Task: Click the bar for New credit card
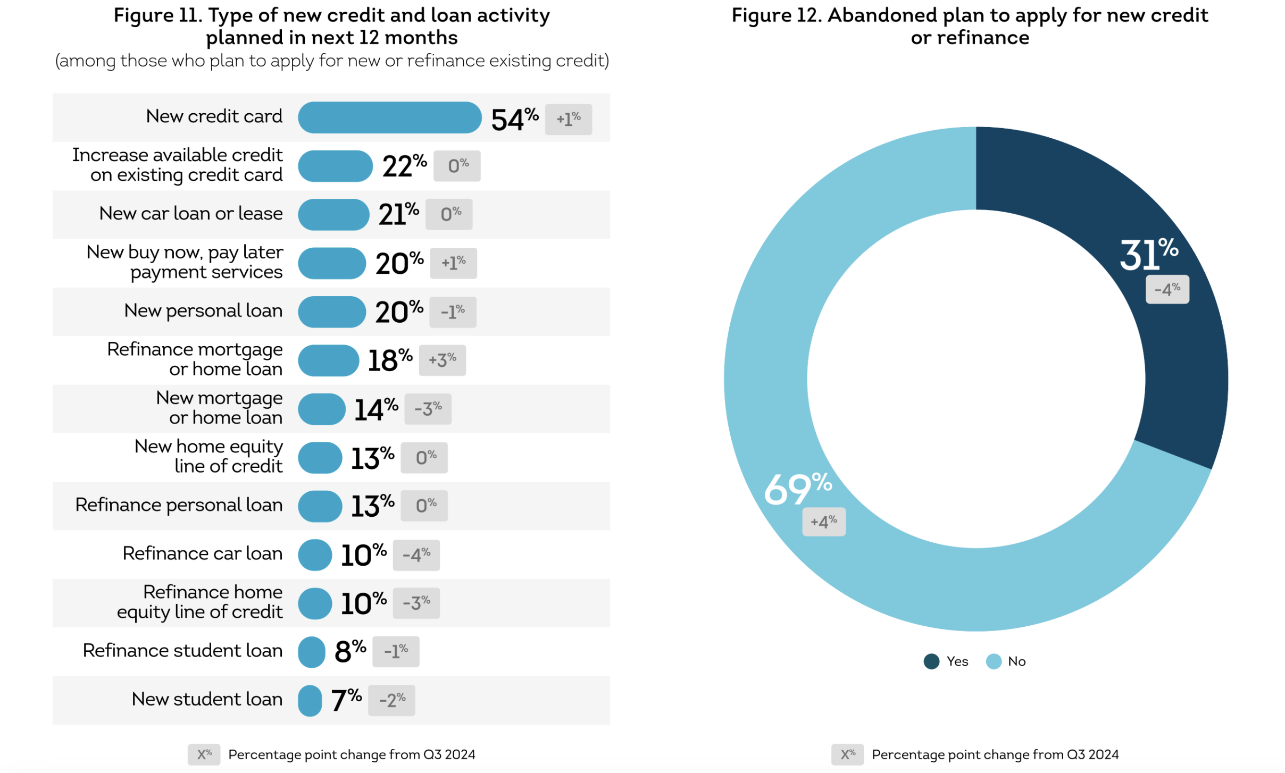pos(389,117)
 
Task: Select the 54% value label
pos(514,119)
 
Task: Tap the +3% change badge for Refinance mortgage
pos(442,360)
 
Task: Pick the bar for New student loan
pos(310,700)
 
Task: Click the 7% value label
pos(346,700)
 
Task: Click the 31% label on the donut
pos(1148,254)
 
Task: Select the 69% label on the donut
pos(797,488)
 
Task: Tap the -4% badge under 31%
pos(1166,290)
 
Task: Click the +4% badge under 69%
pos(823,522)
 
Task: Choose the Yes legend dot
pos(931,661)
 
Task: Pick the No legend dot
pos(993,661)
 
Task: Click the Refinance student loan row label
pos(182,651)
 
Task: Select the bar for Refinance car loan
pos(315,554)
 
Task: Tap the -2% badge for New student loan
pos(391,700)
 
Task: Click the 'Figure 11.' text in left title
pos(158,15)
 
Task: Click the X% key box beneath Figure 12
pos(847,754)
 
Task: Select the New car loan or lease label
pos(191,214)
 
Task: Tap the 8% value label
pos(349,651)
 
